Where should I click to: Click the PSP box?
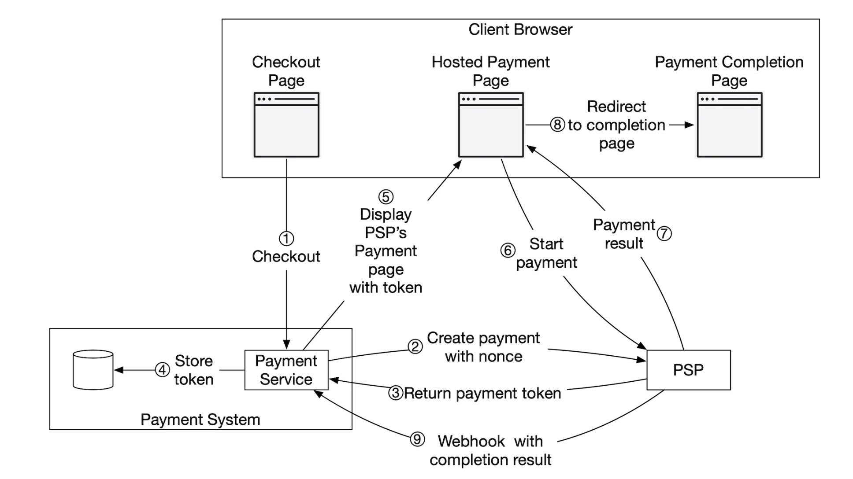(x=688, y=370)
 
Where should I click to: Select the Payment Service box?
(x=286, y=370)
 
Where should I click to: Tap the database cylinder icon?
(x=93, y=370)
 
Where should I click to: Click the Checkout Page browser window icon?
(x=286, y=125)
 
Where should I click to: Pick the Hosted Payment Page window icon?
(x=491, y=125)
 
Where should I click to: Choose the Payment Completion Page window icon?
(x=729, y=125)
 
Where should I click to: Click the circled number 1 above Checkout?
(x=286, y=239)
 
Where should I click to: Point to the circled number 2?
(x=415, y=347)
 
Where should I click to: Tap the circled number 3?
(x=396, y=393)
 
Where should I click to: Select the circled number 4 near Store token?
(x=162, y=370)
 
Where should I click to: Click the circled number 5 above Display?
(x=386, y=197)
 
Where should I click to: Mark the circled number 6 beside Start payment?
(x=508, y=251)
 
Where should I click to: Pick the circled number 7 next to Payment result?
(x=664, y=233)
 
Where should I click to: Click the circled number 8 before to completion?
(x=557, y=125)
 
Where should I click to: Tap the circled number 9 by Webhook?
(x=417, y=439)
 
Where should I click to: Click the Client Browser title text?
(x=520, y=29)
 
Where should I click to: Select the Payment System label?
(x=200, y=420)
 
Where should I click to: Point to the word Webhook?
(x=471, y=441)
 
